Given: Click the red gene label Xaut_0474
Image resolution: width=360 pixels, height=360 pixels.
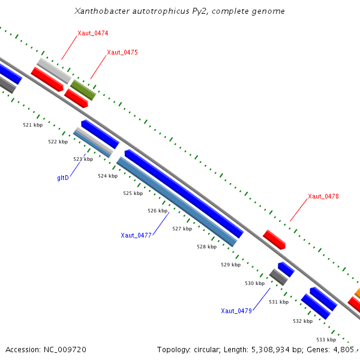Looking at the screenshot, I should coord(92,33).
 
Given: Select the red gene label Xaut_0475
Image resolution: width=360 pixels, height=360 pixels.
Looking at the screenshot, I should coord(122,53).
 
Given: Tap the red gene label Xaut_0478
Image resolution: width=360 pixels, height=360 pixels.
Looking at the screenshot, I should coord(323,197).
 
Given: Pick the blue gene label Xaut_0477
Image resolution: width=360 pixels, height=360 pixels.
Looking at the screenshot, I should coord(136,235).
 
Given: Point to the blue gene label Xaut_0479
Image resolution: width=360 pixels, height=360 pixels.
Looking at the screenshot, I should coord(236,311).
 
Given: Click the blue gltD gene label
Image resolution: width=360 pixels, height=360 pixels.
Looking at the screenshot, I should coord(63,178).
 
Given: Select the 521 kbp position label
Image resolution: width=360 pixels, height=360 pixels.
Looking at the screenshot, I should coord(33,125).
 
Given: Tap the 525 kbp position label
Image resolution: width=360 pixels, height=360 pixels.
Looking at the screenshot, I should coord(133,193).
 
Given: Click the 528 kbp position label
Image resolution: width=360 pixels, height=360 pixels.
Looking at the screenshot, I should coord(206,247).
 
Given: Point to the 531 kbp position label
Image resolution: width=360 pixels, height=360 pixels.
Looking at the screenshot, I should coord(278,302).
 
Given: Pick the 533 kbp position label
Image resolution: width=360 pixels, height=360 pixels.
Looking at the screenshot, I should coord(326,340).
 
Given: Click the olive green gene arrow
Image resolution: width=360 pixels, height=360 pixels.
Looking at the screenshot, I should coord(83,90).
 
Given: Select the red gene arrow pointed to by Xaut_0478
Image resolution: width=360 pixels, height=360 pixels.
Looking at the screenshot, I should coord(274,239).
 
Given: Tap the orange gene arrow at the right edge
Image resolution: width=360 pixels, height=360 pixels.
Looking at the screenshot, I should coord(357,293).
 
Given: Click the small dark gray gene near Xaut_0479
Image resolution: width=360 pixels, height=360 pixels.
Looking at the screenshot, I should coord(278,277).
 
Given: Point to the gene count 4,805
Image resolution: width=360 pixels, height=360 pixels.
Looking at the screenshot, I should coord(344,349).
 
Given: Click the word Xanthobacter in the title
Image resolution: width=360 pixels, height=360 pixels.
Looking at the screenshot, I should coord(100,11).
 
